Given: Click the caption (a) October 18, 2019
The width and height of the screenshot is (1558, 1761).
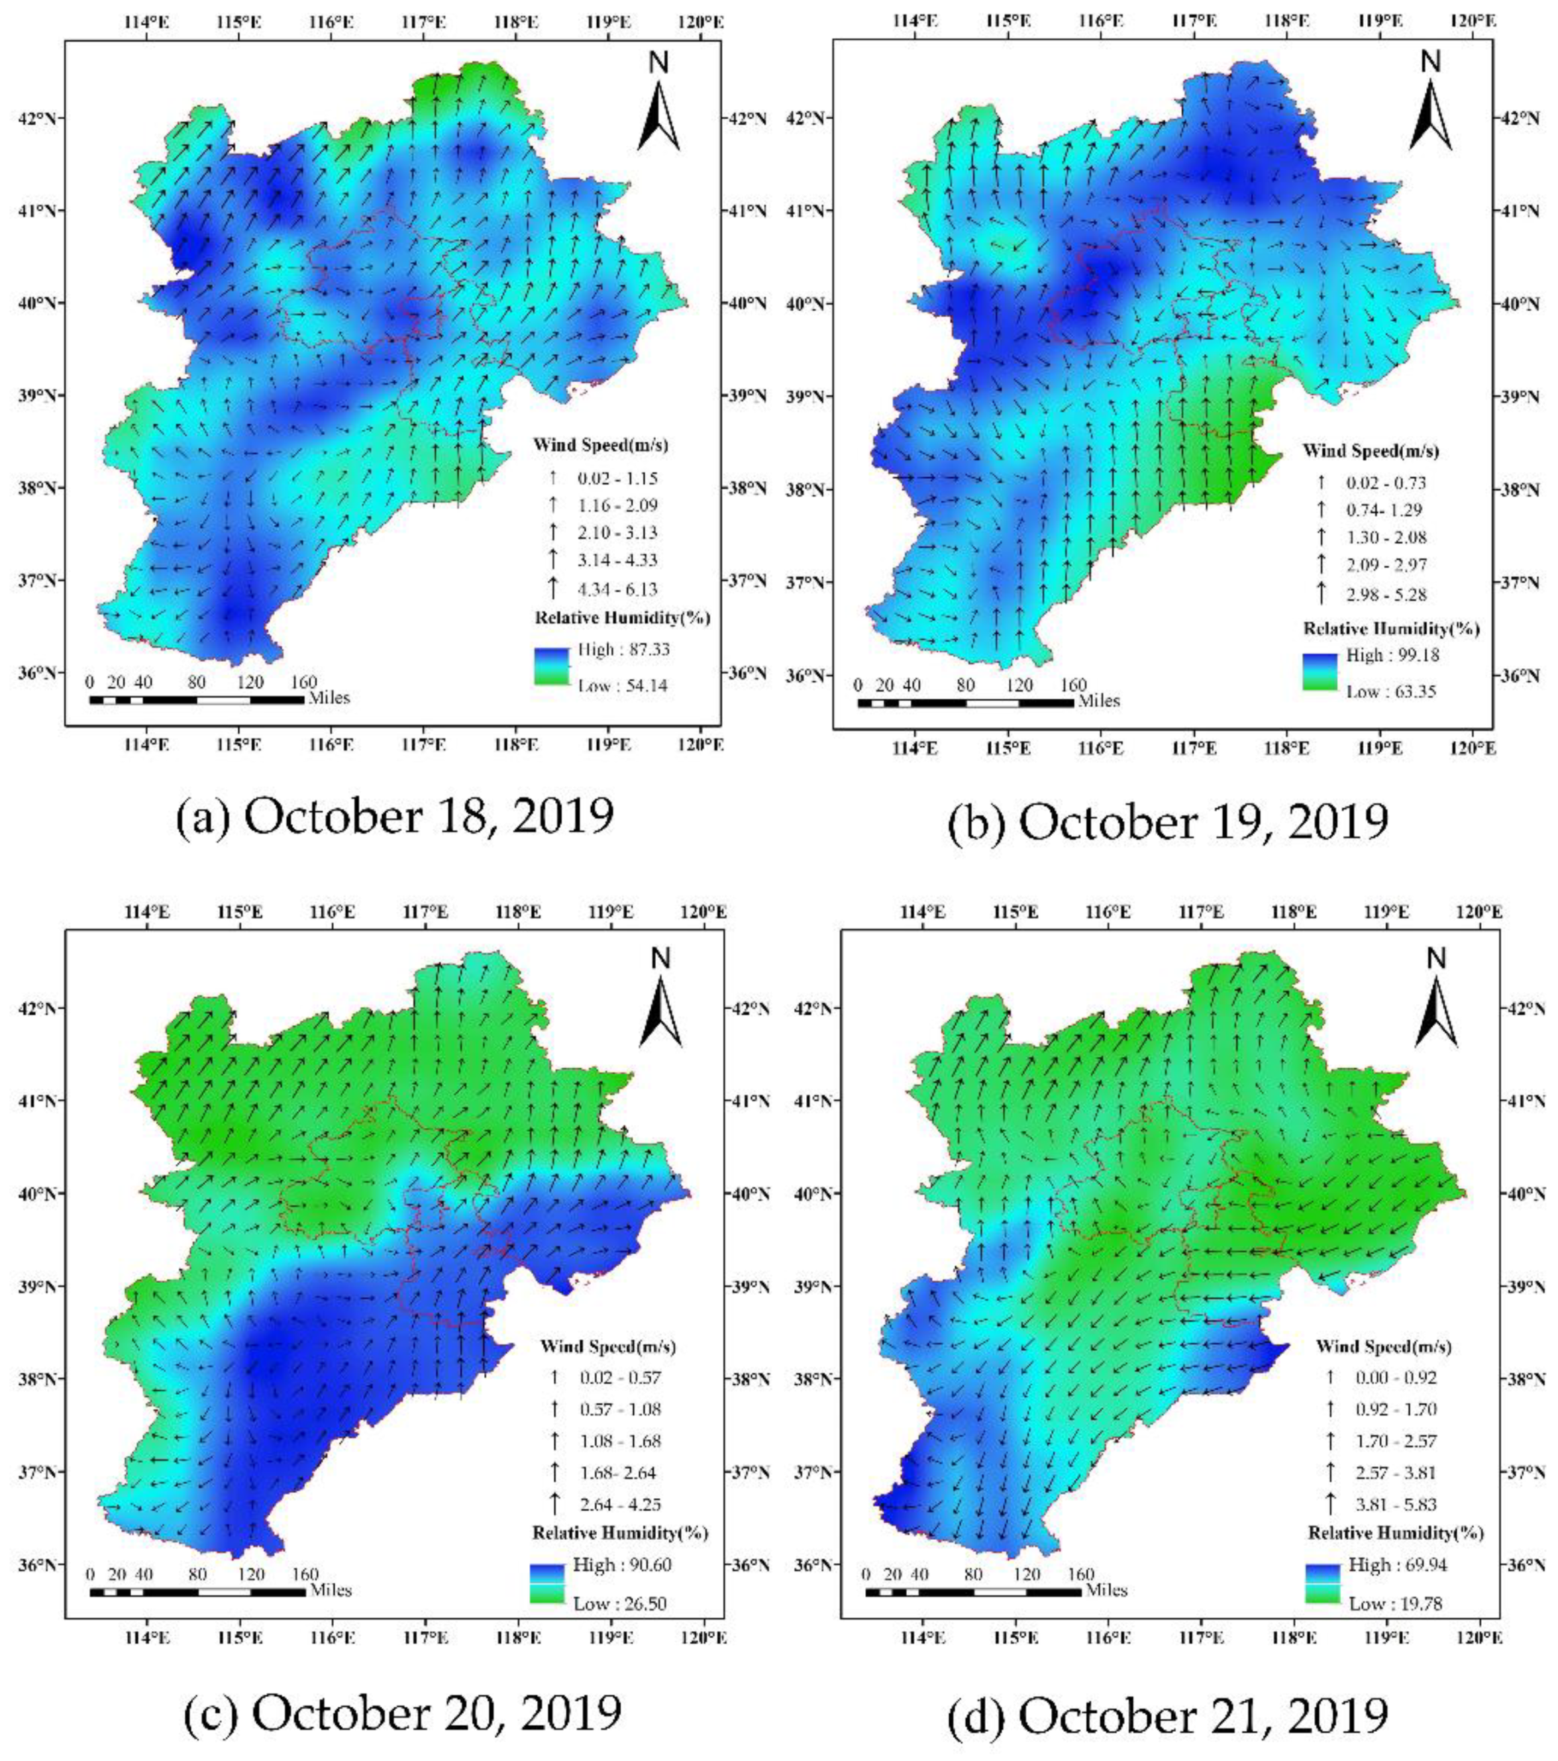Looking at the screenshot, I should click(395, 816).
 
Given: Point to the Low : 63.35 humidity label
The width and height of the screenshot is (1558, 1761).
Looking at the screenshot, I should click(1391, 691).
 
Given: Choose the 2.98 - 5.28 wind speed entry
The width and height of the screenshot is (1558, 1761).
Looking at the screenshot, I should click(1386, 595).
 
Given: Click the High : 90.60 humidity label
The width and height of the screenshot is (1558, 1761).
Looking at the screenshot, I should click(621, 1564).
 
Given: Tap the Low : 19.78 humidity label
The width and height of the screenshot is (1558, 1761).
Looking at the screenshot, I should click(1395, 1603).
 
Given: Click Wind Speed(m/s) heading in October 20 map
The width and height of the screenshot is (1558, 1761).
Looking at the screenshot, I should click(607, 1346).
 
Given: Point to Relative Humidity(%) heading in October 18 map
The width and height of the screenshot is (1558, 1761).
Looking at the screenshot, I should click(622, 619).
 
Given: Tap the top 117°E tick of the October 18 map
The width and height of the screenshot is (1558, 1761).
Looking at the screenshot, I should click(424, 20).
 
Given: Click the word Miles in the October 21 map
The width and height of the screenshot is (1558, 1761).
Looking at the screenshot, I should click(1106, 1589).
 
